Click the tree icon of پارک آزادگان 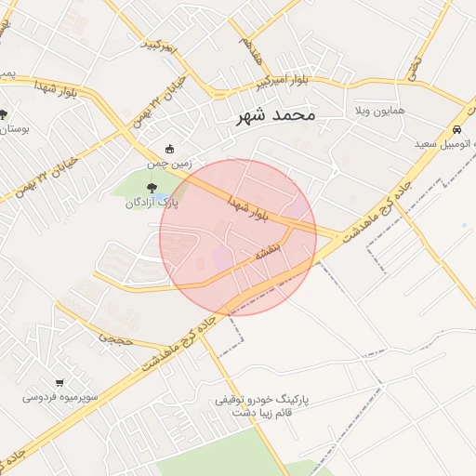point(152,190)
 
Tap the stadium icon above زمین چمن point(168,149)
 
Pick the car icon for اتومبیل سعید point(456,130)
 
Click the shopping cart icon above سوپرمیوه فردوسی point(60,382)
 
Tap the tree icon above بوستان point(4,114)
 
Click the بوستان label point(13,129)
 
